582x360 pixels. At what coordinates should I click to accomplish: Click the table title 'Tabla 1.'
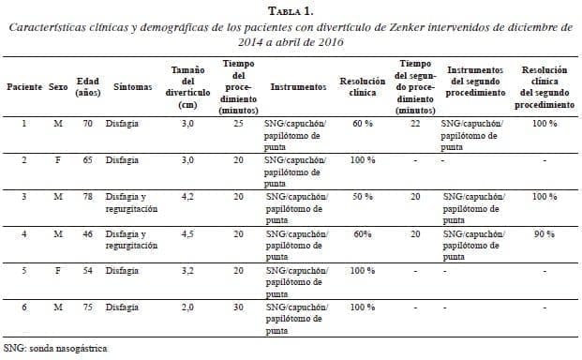[291, 10]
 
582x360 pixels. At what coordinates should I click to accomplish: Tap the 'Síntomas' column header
[133, 86]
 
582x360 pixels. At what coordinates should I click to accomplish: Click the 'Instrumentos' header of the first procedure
[298, 86]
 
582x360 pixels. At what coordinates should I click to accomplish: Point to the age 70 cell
[87, 124]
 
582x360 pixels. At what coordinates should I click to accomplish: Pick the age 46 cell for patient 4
[87, 234]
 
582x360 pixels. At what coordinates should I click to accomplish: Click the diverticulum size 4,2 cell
[189, 198]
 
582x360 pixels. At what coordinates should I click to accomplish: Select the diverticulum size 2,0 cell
[189, 307]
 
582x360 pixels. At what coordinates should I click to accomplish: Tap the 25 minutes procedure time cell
[238, 124]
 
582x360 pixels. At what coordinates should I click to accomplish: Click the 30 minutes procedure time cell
[238, 307]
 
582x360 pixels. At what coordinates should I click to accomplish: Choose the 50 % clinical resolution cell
[362, 198]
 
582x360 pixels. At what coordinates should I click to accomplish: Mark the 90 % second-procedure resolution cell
[545, 234]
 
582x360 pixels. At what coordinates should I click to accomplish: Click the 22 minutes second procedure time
[414, 124]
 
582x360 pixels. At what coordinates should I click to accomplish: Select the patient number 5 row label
[23, 271]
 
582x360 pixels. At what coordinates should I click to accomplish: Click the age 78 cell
[87, 198]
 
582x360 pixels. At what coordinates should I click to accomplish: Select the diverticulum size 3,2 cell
[189, 271]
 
